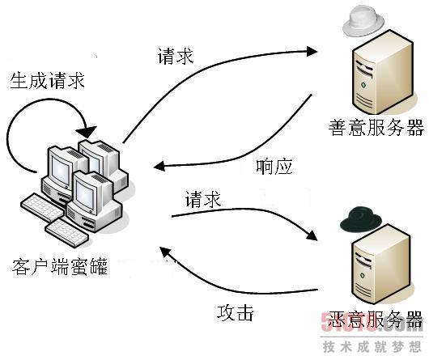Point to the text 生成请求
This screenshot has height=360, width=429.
tap(47, 81)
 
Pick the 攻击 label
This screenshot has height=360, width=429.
tap(237, 312)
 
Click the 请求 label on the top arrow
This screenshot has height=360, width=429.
tap(176, 57)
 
